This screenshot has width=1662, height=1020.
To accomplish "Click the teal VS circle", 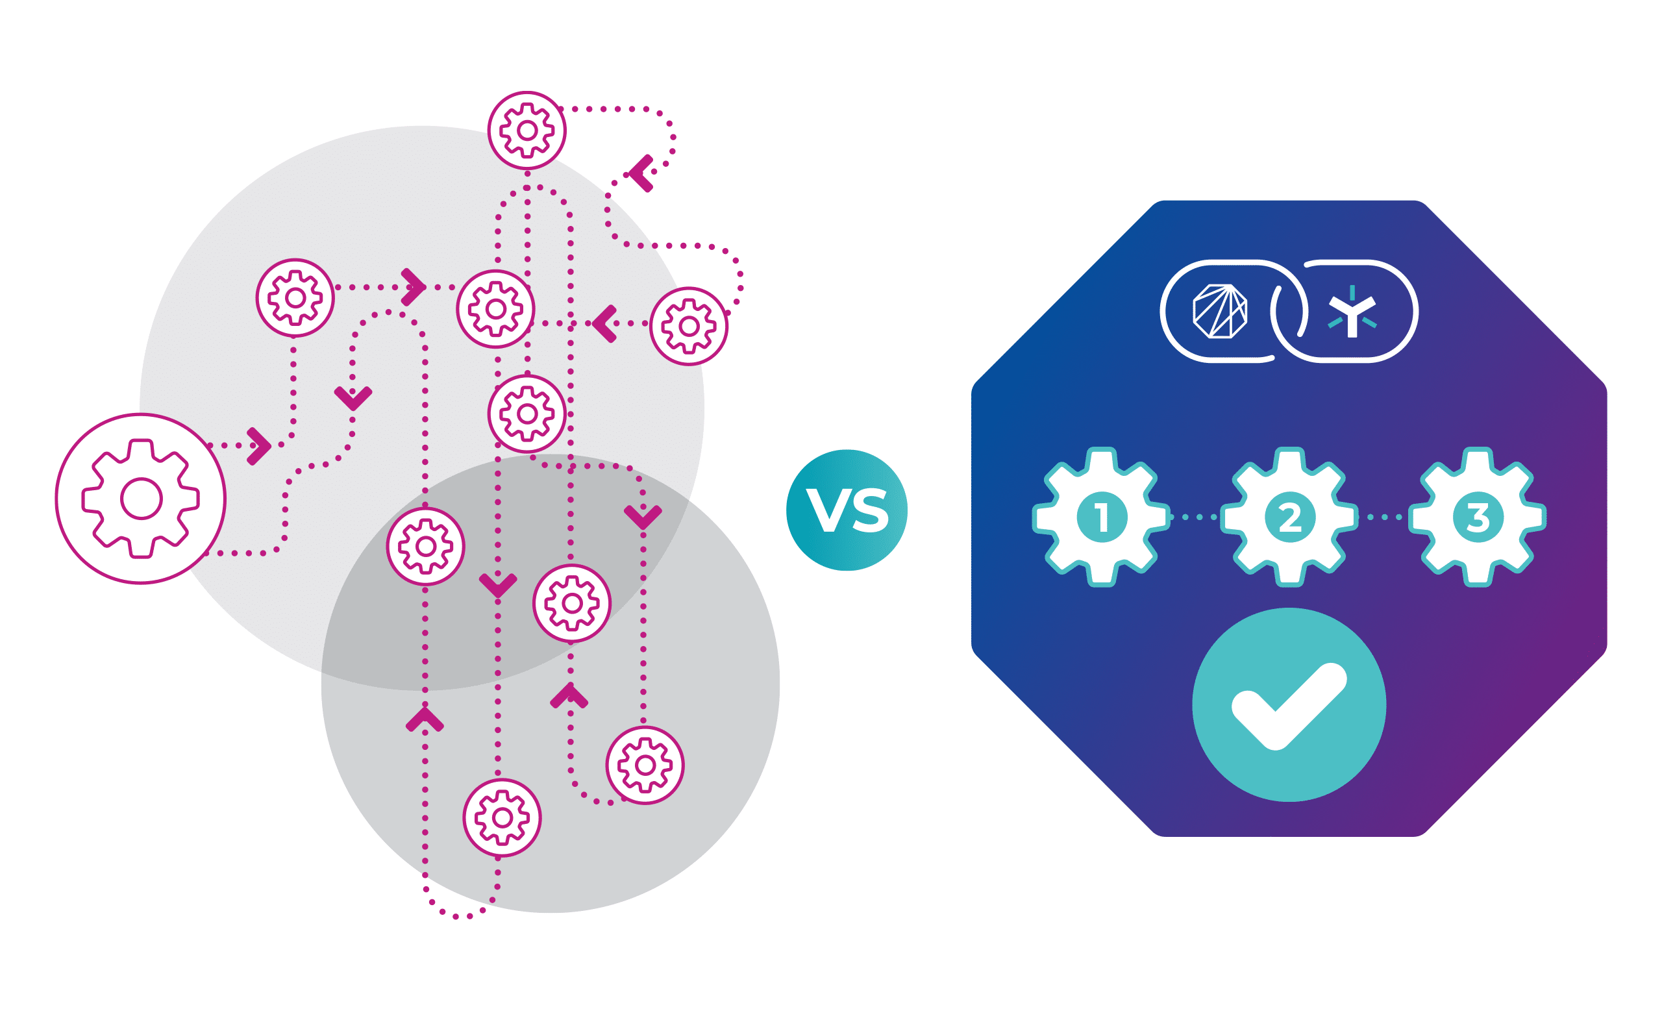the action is (x=847, y=510).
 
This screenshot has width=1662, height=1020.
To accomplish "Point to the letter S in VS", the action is (x=871, y=510).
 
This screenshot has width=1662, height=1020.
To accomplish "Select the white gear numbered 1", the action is (x=1102, y=517).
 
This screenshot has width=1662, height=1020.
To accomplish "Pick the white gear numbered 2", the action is (x=1289, y=517).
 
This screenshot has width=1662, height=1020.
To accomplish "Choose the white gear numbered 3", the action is (x=1478, y=517).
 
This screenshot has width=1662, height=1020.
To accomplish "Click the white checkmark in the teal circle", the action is (x=1288, y=707).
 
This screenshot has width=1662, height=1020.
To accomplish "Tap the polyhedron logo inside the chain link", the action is (x=1219, y=311).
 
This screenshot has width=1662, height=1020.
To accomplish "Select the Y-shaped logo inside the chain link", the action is (x=1352, y=312).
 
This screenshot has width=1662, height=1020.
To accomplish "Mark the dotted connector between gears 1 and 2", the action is (x=1195, y=517).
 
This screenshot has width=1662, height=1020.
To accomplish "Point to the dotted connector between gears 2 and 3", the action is (x=1383, y=517).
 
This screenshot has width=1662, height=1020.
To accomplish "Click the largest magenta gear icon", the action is (x=141, y=499).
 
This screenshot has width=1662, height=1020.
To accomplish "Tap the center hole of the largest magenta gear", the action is (x=141, y=499).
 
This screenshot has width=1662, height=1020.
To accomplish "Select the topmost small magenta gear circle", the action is (x=527, y=131).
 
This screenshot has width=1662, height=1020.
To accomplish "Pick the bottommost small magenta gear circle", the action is (x=502, y=817).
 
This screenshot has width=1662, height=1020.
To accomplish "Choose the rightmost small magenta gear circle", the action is (x=689, y=327).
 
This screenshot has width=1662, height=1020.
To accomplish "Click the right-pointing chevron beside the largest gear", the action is (x=258, y=446).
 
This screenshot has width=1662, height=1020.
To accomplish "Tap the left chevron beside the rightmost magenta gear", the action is (x=604, y=324).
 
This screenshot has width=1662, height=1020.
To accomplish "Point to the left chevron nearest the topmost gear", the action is (x=641, y=173).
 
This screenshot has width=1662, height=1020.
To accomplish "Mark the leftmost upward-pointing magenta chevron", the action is (x=425, y=720).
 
